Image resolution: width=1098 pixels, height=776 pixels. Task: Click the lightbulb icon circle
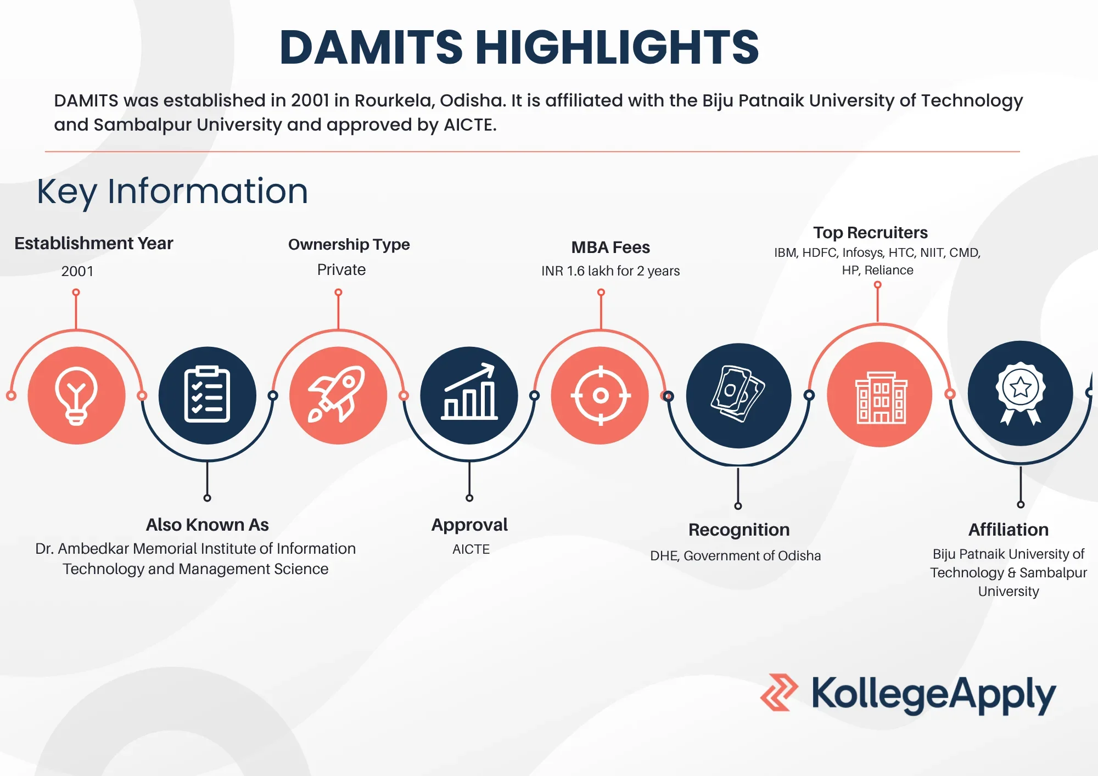(77, 395)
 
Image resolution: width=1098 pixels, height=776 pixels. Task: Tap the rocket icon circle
(338, 395)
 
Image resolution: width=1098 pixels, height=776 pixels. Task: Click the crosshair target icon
(600, 395)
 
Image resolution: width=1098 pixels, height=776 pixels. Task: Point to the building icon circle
(880, 394)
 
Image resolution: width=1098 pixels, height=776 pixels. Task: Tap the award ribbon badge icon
(1021, 393)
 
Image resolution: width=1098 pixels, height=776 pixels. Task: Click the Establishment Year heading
(94, 243)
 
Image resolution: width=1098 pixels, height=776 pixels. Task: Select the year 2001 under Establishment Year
(77, 271)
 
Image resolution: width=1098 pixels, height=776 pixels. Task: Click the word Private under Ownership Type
(341, 269)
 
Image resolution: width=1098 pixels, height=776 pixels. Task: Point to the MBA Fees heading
(610, 247)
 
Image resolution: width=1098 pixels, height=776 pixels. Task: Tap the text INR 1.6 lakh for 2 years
(610, 271)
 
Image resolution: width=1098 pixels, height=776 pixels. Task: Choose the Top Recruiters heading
(871, 233)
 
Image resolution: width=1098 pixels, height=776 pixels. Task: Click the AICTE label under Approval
(471, 549)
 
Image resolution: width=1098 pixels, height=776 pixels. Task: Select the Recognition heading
(739, 530)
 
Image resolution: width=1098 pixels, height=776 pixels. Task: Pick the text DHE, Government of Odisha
(736, 556)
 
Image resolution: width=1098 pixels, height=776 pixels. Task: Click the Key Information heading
(172, 192)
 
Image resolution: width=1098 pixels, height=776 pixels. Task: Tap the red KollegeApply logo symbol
(779, 693)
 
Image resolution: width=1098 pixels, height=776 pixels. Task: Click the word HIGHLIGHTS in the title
(617, 47)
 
